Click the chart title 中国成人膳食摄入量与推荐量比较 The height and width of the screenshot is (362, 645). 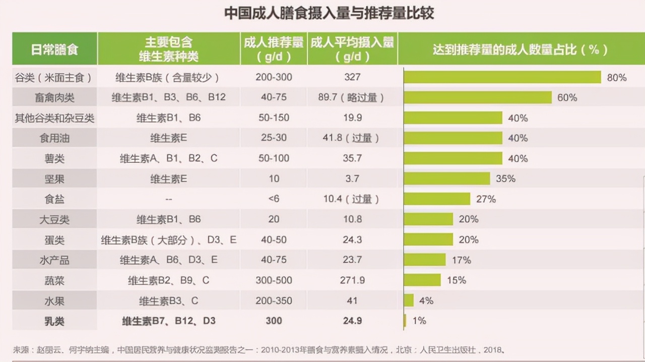point(329,13)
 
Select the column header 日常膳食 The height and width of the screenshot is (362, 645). point(54,49)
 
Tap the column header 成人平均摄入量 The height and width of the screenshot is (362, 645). point(352,48)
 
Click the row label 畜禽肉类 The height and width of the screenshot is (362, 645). point(54,97)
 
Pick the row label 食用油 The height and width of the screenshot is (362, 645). point(54,138)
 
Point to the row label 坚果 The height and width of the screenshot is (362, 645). point(54,178)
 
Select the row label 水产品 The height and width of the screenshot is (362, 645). point(54,260)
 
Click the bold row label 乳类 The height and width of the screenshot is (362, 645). point(54,321)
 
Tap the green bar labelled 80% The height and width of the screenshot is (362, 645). point(502,77)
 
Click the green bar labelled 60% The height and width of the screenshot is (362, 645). point(477,97)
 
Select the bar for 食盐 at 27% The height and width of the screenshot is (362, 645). point(436,199)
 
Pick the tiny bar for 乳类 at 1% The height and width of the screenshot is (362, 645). point(405,321)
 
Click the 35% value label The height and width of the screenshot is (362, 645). point(505,178)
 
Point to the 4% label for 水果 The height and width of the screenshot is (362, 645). point(426,300)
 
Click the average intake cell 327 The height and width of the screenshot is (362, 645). point(352,77)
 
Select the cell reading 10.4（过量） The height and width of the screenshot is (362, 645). point(351,199)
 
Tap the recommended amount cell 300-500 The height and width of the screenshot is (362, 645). point(274,280)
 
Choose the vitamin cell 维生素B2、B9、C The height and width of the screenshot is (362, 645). point(168,280)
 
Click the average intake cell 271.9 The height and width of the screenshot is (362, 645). point(352,280)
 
